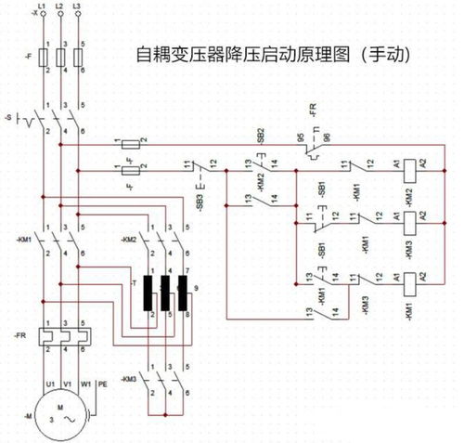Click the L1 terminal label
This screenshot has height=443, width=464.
tap(41, 7)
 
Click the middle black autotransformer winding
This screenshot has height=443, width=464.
tap(167, 293)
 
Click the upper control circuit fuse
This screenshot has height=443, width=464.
tap(129, 144)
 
